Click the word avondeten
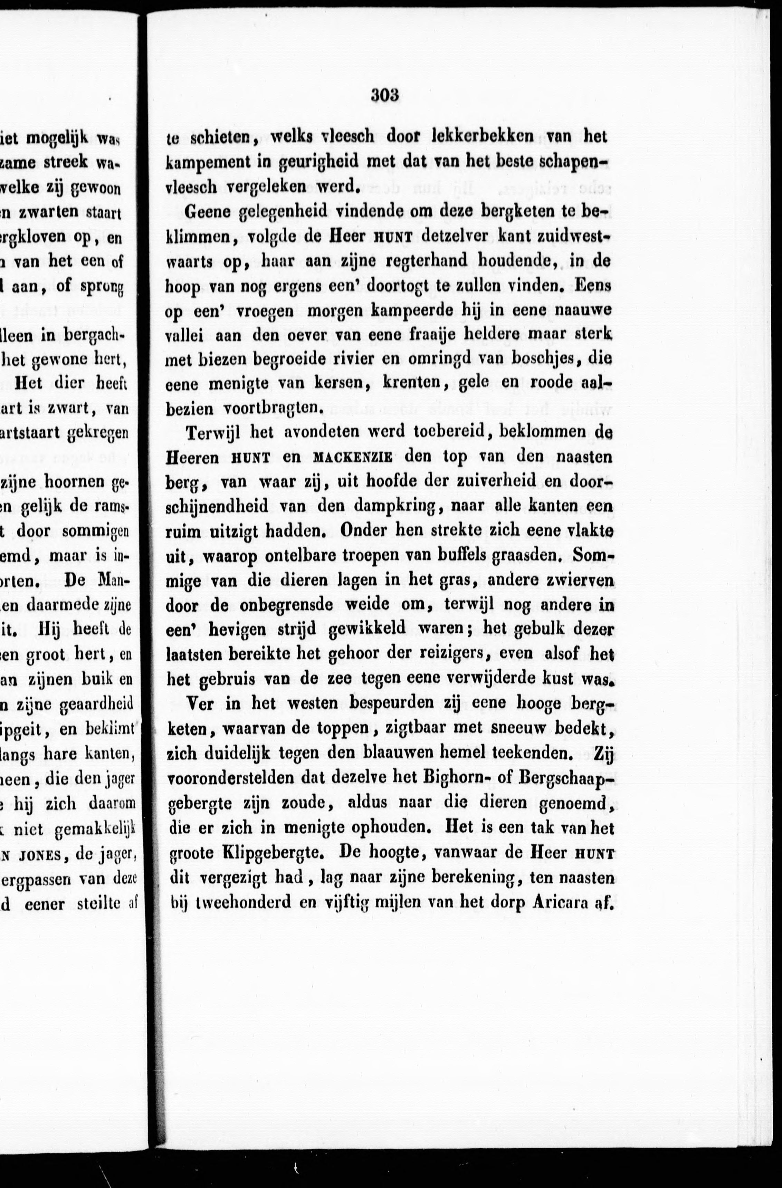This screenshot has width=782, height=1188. click(x=320, y=431)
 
